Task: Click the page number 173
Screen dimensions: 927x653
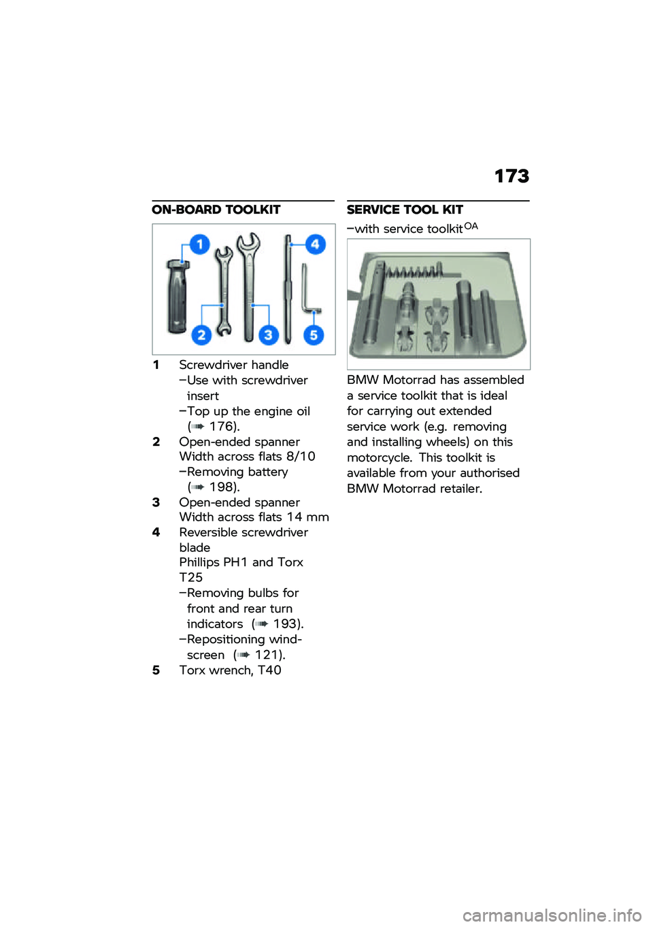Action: click(x=512, y=176)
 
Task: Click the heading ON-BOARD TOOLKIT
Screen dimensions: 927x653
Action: click(x=216, y=210)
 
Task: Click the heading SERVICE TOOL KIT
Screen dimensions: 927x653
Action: click(x=405, y=210)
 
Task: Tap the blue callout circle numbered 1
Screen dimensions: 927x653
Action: click(x=199, y=244)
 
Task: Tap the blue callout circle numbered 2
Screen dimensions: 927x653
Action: click(x=201, y=335)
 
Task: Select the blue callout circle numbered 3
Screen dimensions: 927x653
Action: click(x=268, y=335)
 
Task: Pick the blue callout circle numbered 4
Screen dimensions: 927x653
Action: click(x=315, y=244)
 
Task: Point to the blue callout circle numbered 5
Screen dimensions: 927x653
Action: click(x=314, y=335)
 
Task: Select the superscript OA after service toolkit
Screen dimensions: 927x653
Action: click(x=471, y=226)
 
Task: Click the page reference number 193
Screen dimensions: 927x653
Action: click(x=286, y=624)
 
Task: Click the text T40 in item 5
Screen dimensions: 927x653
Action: click(x=269, y=670)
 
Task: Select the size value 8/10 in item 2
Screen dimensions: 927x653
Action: click(x=301, y=457)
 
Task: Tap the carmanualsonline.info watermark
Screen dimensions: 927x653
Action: click(x=552, y=915)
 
